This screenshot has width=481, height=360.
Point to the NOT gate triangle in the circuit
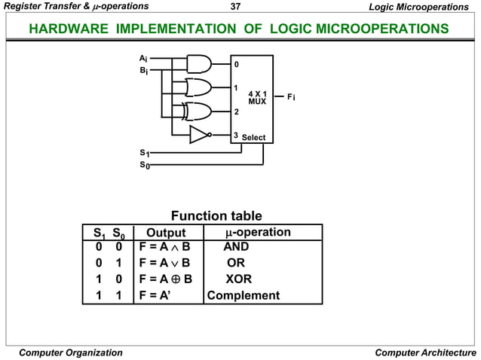pos(198,135)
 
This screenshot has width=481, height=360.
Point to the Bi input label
pos(143,71)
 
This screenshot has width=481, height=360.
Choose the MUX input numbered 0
pos(236,64)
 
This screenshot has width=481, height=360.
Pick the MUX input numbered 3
pos(236,136)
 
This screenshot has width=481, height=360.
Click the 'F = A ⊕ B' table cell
pos(166,279)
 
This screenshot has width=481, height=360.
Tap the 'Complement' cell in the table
pos(243,295)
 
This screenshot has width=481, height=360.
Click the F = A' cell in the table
pos(155,295)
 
